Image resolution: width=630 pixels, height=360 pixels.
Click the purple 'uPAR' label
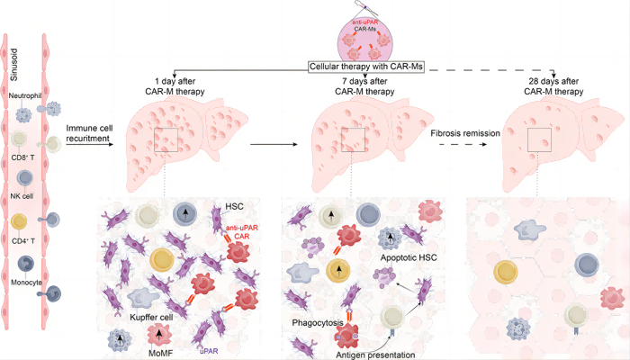210,349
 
